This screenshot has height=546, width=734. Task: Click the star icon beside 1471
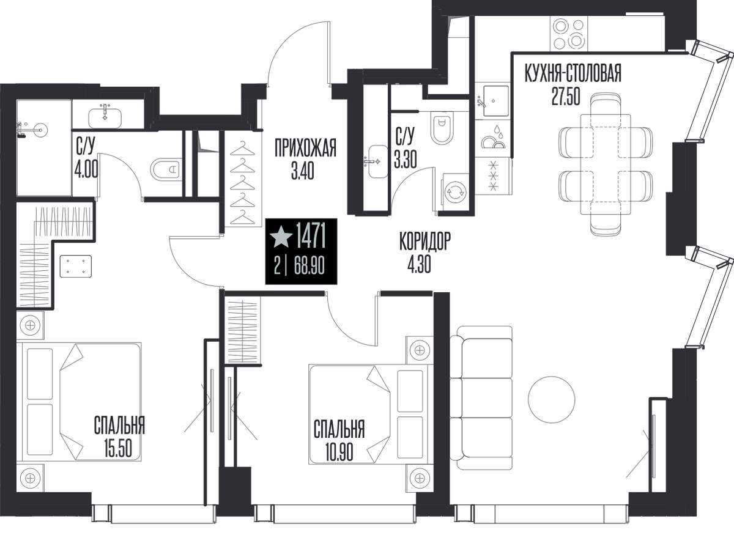tap(281, 237)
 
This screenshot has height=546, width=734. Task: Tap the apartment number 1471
tap(311, 235)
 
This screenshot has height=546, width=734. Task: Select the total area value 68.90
tap(309, 266)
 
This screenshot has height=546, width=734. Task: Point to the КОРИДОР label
tap(425, 242)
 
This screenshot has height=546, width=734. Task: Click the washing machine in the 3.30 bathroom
tap(456, 192)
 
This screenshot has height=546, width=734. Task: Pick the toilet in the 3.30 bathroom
tap(442, 128)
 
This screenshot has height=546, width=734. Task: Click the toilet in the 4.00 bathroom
tap(166, 170)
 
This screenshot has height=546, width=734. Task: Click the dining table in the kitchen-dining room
tap(606, 169)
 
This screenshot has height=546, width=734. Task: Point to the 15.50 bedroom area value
tap(118, 448)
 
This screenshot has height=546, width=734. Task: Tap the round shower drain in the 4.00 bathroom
tap(40, 130)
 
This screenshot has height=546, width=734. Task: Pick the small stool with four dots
tap(75, 266)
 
